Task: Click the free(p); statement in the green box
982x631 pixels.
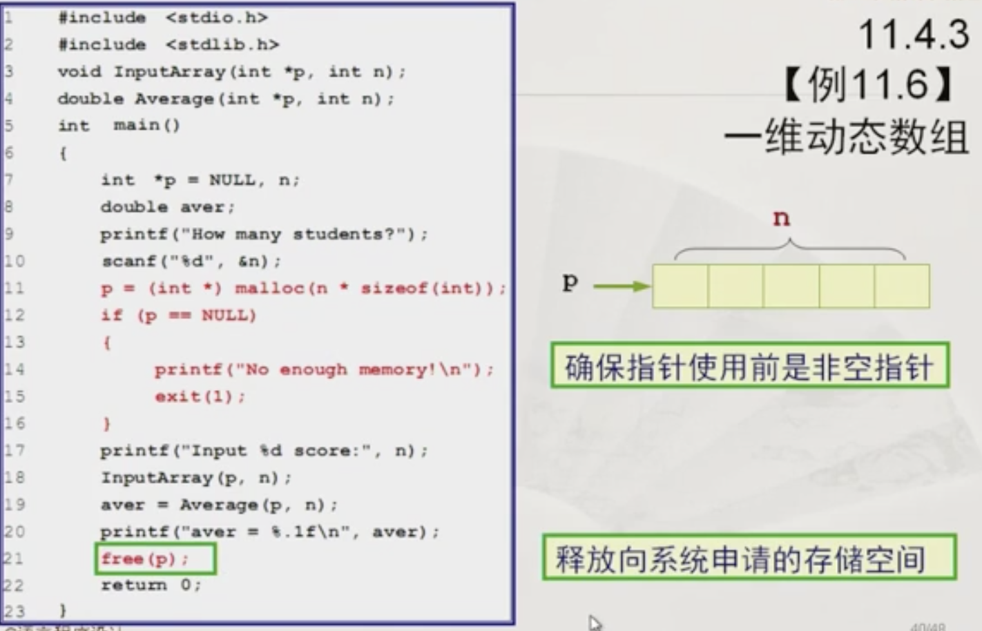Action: point(145,559)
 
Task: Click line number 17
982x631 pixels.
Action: point(14,451)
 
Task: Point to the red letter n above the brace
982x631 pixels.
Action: point(781,218)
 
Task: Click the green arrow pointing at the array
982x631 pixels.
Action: point(621,285)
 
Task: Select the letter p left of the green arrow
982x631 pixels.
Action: point(570,282)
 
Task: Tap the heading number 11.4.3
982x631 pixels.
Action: point(913,34)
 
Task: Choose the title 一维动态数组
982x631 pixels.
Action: point(847,136)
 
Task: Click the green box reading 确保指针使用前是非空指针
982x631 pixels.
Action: point(749,367)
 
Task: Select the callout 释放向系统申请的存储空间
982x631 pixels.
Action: point(749,558)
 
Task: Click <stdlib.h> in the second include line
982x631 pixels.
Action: point(222,45)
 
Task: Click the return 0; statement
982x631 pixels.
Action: point(151,585)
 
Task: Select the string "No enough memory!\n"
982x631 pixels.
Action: point(358,369)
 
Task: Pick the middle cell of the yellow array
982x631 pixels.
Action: point(791,286)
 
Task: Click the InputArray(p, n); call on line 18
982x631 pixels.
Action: point(196,478)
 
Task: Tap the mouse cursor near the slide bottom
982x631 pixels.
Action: point(595,623)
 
